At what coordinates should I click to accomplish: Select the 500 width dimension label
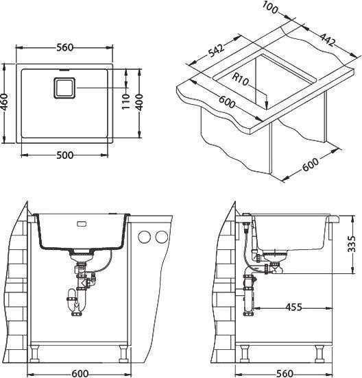(64, 155)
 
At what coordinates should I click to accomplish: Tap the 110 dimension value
(125, 101)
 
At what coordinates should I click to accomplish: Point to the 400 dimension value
(139, 102)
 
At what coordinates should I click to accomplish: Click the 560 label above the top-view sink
(64, 47)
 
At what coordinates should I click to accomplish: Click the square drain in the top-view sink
(64, 88)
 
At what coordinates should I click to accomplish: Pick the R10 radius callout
(240, 79)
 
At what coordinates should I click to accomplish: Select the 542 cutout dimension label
(216, 51)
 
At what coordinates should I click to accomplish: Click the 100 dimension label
(270, 8)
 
